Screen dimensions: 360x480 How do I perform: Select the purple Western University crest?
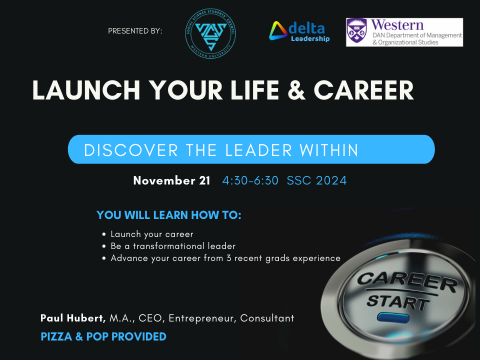(356, 32)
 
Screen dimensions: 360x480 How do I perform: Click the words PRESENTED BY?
(135, 31)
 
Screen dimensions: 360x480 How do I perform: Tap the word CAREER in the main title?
(363, 90)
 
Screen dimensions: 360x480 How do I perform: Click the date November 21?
(171, 180)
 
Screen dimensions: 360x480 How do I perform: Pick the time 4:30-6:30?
(250, 180)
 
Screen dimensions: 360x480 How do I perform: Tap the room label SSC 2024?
(316, 180)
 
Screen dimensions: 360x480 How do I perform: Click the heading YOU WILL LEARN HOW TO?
(169, 215)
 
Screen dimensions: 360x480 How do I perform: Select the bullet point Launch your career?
(151, 234)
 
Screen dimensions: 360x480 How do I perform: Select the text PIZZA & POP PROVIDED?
(103, 336)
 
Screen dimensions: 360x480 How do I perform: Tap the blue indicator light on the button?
(387, 317)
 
